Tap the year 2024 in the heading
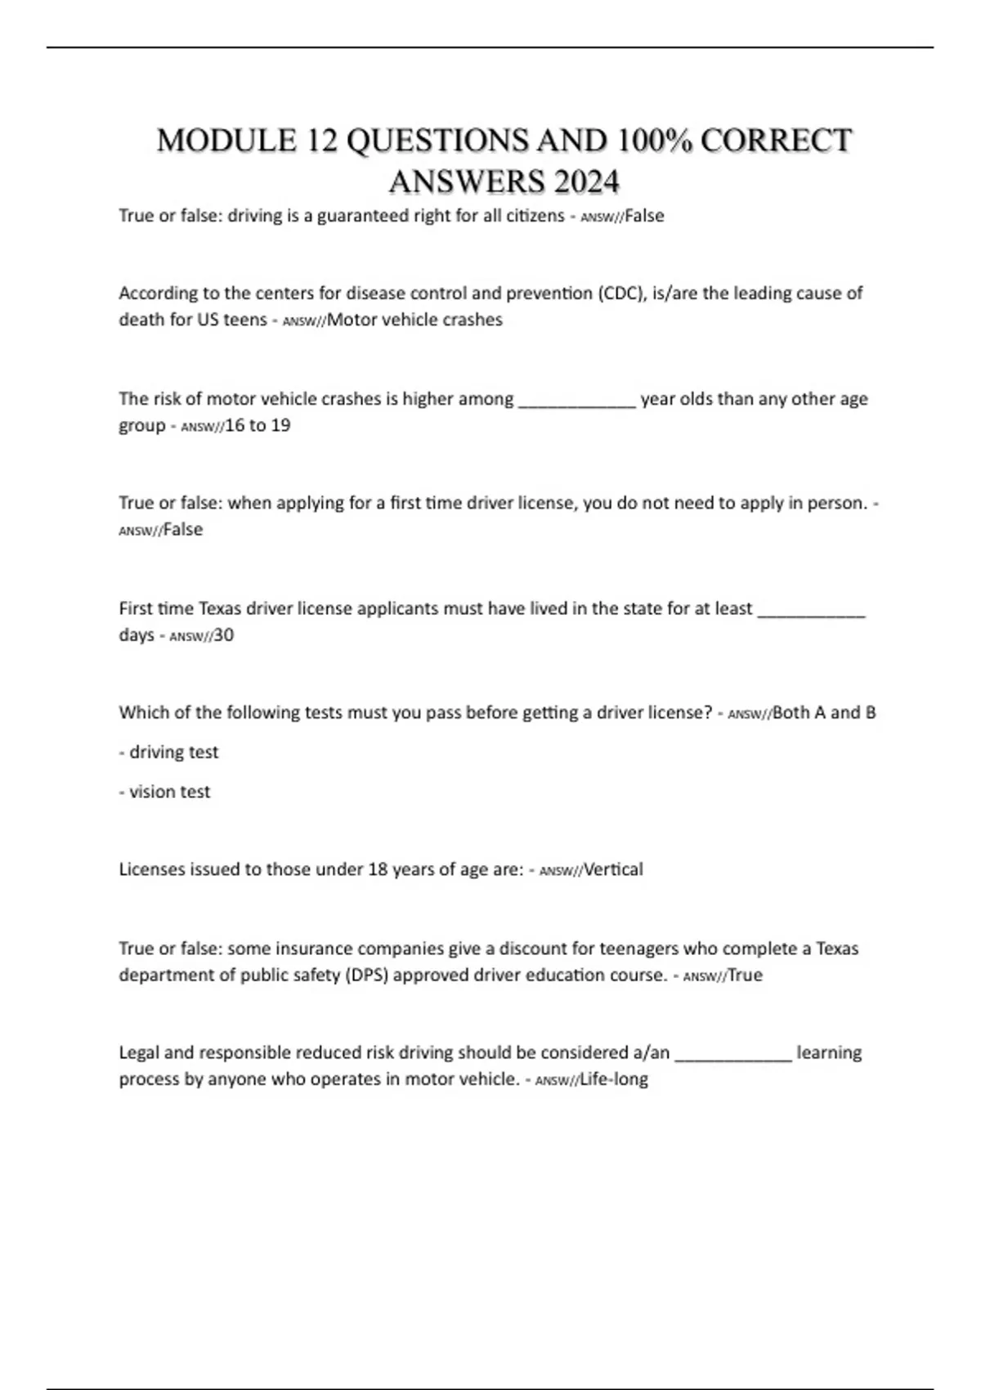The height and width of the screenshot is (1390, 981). (586, 182)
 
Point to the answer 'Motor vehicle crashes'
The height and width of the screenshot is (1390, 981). (414, 320)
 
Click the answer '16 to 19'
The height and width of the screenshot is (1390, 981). (258, 425)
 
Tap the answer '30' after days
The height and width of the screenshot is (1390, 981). (223, 635)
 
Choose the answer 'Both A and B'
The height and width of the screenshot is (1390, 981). (824, 712)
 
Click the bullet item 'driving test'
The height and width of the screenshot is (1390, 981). (173, 752)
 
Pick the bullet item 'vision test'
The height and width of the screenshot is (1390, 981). (169, 791)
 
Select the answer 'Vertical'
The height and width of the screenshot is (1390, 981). (613, 869)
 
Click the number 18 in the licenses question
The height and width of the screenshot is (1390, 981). (377, 869)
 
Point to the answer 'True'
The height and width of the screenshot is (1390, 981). (745, 975)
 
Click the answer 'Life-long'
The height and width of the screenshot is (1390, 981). (613, 1079)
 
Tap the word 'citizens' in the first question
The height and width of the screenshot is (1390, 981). (531, 216)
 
